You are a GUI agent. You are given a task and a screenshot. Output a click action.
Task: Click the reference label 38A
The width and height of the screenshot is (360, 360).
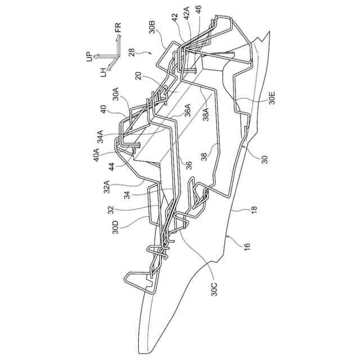pyautogui.click(x=207, y=115)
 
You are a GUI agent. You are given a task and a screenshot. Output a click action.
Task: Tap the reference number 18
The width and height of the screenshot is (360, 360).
pyautogui.click(x=254, y=209)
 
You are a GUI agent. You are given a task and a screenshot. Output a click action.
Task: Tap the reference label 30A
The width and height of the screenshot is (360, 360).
pyautogui.click(x=115, y=93)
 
